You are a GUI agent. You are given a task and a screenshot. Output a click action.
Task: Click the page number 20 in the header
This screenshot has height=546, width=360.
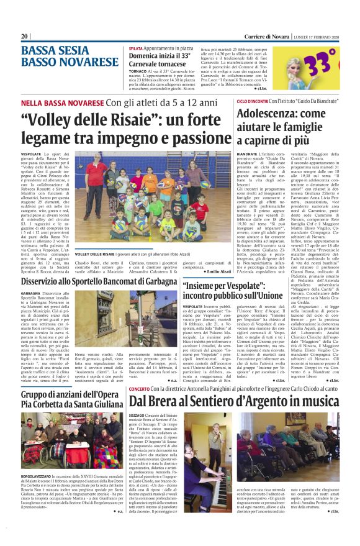[25, 36]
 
